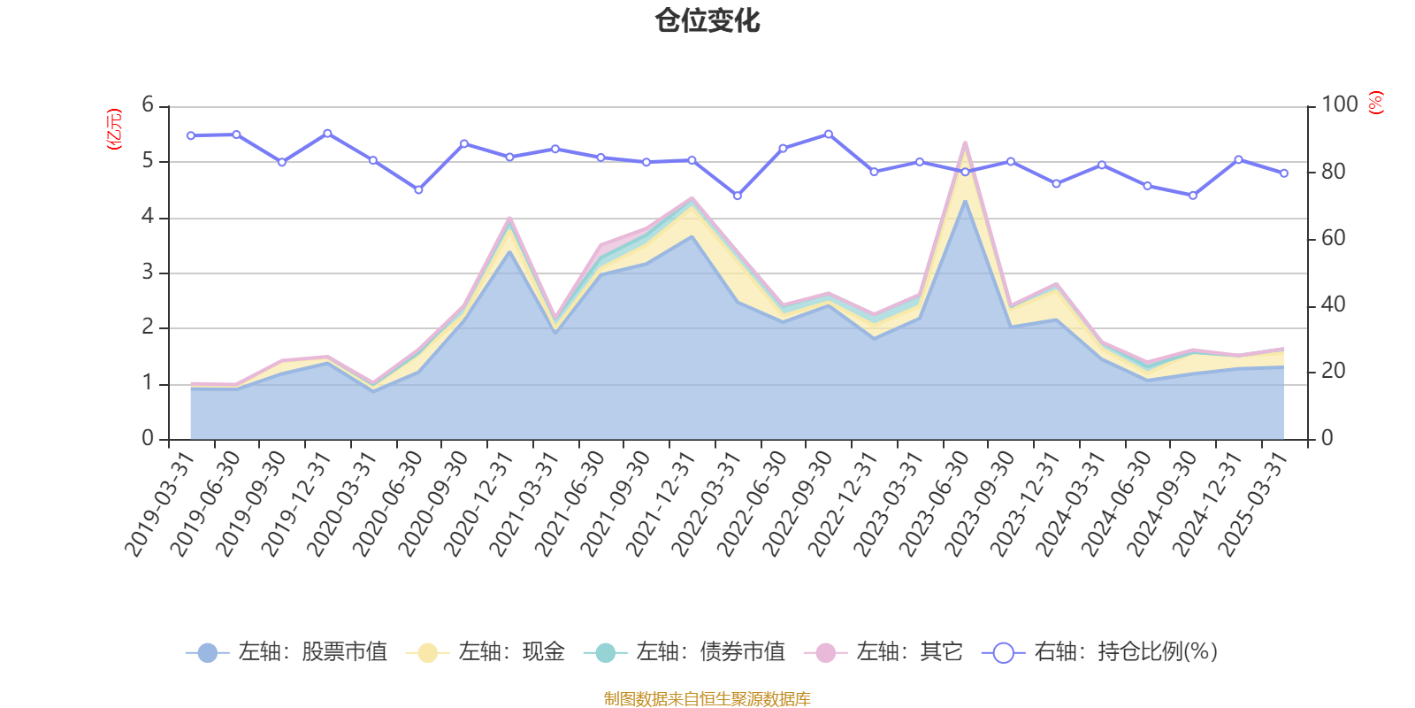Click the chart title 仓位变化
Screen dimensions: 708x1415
pos(707,20)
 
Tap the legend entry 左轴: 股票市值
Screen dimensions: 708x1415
pos(287,652)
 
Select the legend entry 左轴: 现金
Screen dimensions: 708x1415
pos(486,652)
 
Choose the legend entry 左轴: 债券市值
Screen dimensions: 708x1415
pos(685,652)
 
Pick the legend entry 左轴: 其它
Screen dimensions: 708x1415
pos(883,652)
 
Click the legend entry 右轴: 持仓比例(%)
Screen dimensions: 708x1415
pos(1100,652)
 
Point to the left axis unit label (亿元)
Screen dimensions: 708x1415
pos(114,129)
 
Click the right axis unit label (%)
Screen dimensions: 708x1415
pos(1376,103)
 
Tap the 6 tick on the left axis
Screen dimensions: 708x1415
pos(148,105)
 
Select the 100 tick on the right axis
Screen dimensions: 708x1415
pos(1339,105)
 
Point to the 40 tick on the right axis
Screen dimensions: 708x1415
pos(1333,305)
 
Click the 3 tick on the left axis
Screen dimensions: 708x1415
pos(148,273)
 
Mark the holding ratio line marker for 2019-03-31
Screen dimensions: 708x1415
pos(191,135)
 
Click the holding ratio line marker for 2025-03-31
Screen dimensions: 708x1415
pos(1284,173)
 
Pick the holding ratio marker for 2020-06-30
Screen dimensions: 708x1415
pos(418,190)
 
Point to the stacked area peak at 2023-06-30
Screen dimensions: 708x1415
pos(965,143)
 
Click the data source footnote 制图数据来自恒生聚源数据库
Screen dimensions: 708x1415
pos(707,699)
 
